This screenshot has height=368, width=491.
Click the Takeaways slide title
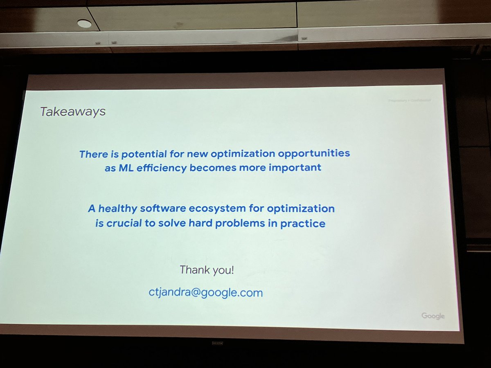[73, 112]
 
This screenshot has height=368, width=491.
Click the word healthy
[118, 209]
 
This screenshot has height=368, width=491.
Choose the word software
[165, 209]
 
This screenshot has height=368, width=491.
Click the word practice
[303, 224]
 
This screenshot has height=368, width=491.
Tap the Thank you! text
[207, 270]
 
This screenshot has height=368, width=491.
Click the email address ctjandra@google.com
[205, 293]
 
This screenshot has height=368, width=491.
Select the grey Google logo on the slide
[433, 316]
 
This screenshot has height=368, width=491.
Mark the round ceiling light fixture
[84, 24]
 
